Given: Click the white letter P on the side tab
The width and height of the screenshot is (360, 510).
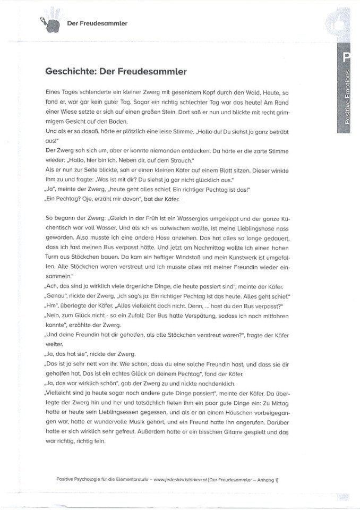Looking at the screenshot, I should coord(347,57).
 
